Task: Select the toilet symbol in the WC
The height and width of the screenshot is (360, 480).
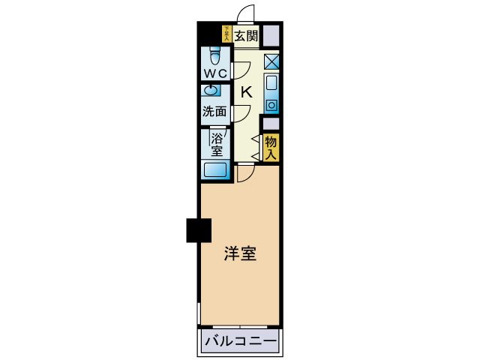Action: tap(216, 55)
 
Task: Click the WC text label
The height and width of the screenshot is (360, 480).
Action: tap(216, 73)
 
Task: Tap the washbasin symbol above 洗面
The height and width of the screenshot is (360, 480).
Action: tap(213, 91)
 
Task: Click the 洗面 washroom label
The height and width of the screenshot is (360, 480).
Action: tap(214, 111)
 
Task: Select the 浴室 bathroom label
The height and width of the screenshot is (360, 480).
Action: tap(217, 144)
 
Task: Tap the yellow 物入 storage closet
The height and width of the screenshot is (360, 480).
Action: tap(271, 146)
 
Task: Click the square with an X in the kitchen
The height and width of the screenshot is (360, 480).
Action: tap(271, 62)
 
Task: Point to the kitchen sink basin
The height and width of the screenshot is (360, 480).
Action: tap(271, 82)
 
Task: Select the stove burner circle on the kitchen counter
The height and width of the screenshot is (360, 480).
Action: tap(271, 104)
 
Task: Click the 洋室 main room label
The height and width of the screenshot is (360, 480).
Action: tap(240, 253)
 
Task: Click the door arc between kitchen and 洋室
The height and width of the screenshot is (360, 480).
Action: tap(245, 173)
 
